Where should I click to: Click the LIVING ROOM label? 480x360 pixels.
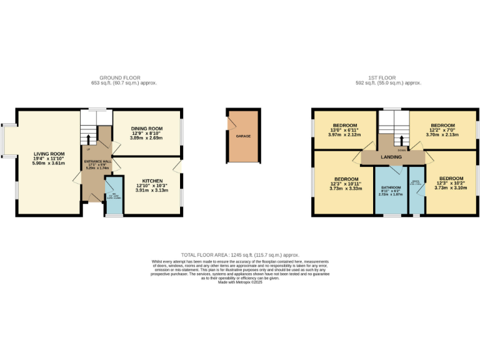point(49,154)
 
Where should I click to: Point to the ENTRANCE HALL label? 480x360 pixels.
point(97,161)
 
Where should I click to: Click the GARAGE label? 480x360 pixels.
point(243,136)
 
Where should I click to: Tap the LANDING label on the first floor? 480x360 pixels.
point(391,157)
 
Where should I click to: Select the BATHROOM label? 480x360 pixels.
point(391,187)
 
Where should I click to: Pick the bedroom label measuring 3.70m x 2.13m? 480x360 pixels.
point(442,126)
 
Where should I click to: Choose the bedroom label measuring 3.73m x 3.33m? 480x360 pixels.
point(344,179)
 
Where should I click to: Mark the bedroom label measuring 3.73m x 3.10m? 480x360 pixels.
point(450,179)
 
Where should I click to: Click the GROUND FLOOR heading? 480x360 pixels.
point(124,78)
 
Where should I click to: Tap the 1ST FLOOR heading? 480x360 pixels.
point(387,78)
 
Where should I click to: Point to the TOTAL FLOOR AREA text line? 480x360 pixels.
point(240,255)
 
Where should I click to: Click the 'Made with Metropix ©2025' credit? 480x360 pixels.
point(240,282)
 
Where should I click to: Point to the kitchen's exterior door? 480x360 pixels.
point(180,166)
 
